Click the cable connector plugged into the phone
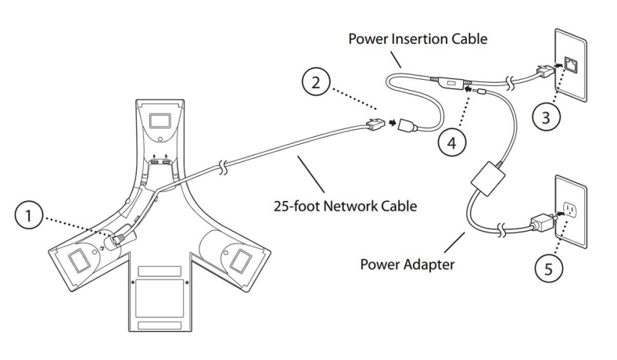coord(121,236)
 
